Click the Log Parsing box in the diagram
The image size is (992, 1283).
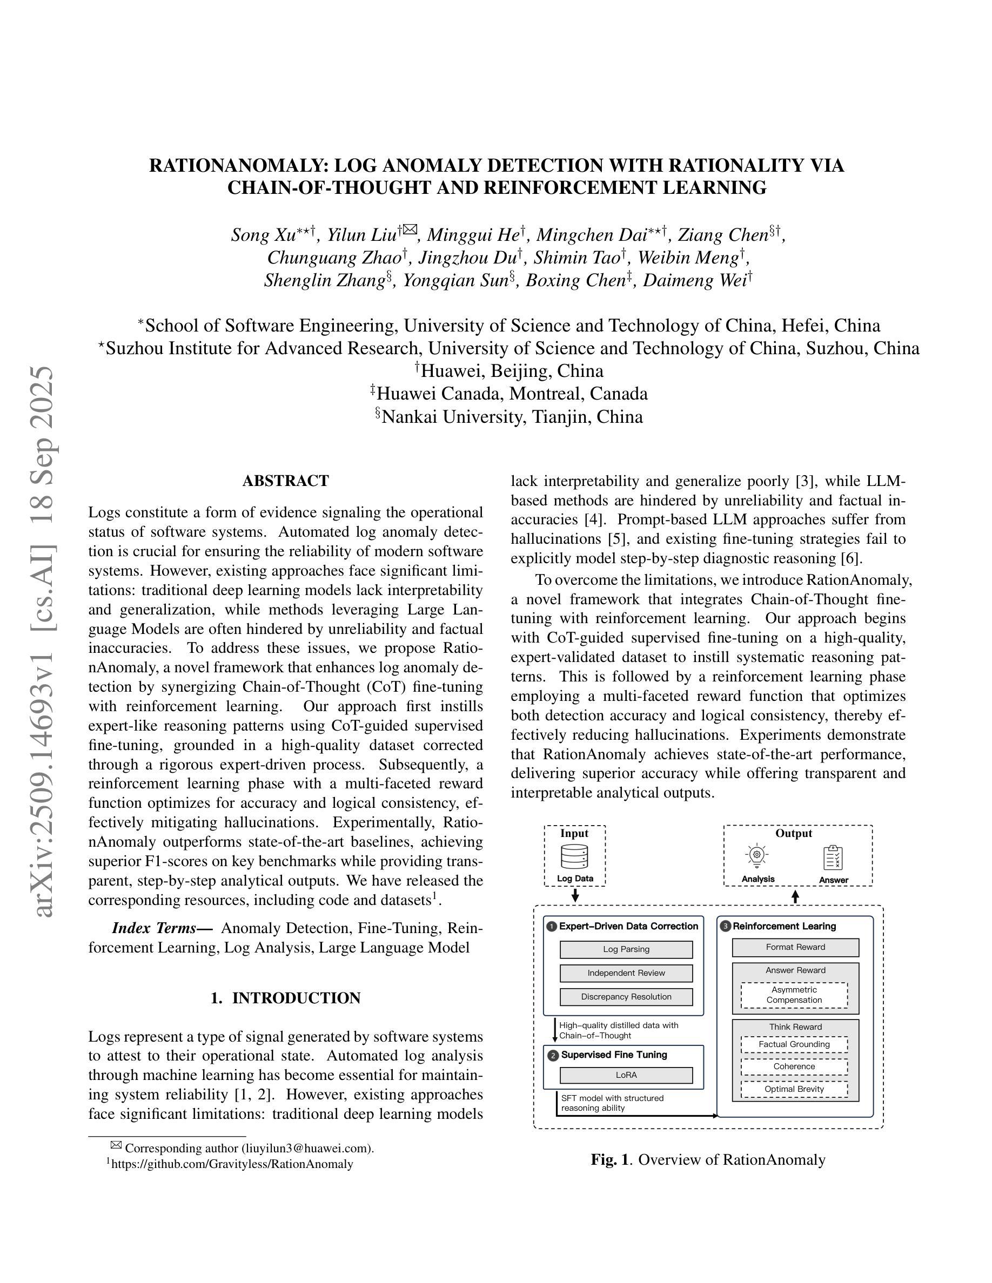626,949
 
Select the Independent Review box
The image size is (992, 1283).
626,973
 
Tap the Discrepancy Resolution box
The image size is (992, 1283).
626,996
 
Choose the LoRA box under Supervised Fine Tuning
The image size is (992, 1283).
626,1075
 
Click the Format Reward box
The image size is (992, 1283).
795,947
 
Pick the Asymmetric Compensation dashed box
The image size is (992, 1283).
794,995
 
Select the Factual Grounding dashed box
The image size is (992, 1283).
794,1044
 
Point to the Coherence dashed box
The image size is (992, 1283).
794,1066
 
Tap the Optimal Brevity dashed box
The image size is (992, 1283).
794,1089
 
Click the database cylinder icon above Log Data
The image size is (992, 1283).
574,856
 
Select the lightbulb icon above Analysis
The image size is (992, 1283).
757,856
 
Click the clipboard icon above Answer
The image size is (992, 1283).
833,857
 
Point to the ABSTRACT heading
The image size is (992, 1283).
286,481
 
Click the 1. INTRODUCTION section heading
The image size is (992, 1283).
286,998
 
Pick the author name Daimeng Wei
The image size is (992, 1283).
695,281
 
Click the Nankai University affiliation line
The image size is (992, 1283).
509,416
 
